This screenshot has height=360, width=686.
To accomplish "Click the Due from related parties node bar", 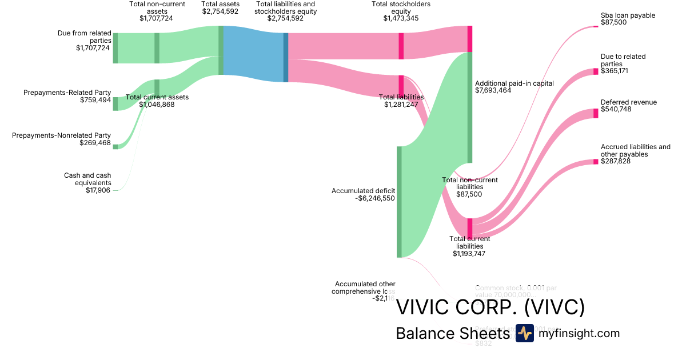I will [115, 48].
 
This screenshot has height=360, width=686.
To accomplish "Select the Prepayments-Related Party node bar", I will [115, 103].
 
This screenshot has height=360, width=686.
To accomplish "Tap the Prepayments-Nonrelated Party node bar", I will [115, 147].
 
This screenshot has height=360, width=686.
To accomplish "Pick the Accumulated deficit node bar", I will [399, 202].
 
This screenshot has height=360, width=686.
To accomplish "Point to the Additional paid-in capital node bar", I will [470, 107].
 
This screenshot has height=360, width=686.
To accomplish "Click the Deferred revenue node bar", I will [595, 113].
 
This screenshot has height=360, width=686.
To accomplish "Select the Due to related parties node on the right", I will [595, 71].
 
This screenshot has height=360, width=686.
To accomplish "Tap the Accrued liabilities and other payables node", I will [595, 163].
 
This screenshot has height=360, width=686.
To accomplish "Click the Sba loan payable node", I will [595, 26].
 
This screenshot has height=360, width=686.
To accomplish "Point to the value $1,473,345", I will [401, 18].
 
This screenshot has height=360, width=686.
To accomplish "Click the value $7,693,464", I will [497, 90].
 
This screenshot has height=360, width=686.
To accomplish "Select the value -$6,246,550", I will [374, 198].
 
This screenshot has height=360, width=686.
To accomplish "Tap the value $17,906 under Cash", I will [98, 190].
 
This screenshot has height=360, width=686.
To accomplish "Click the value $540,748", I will [616, 109].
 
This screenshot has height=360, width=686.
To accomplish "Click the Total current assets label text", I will [157, 97].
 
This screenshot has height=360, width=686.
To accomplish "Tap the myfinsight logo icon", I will [524, 333].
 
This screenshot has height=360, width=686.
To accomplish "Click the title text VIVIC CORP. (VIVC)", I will [490, 307].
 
